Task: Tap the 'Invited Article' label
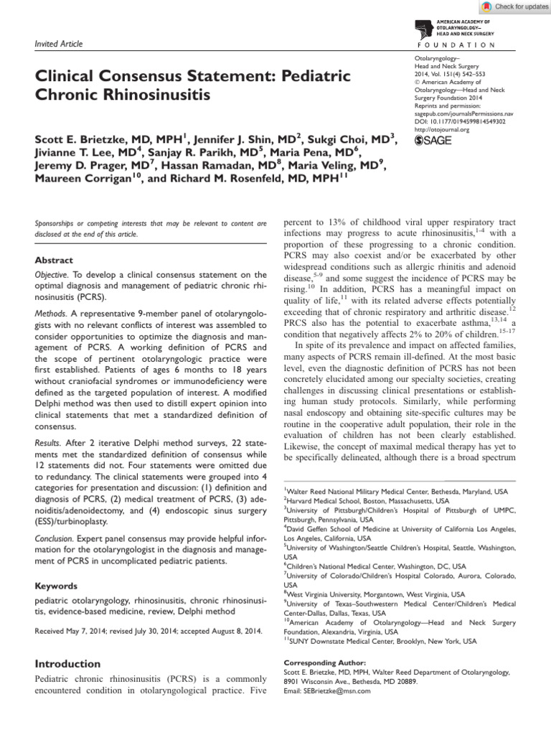(x=58, y=45)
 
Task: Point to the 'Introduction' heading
(x=68, y=664)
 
